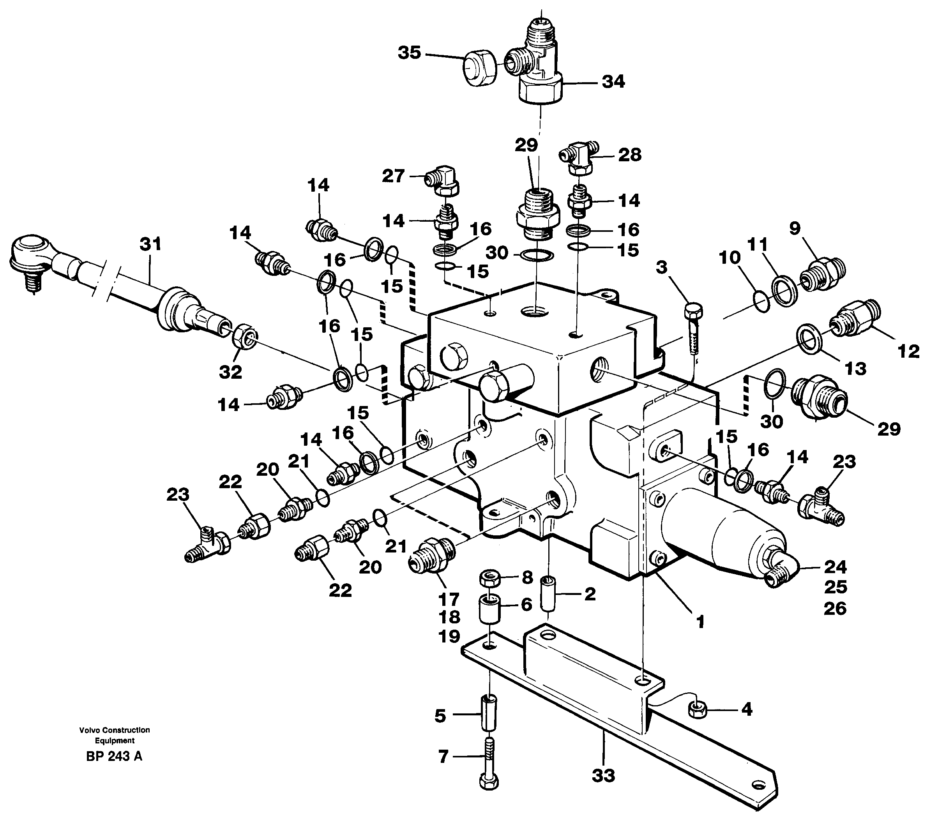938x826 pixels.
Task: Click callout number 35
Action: (x=409, y=53)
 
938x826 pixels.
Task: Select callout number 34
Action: (x=613, y=82)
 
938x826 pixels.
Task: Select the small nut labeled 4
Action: (x=698, y=711)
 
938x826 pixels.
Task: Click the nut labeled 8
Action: (x=490, y=577)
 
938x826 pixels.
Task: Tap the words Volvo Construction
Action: (x=114, y=730)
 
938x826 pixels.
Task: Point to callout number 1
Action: (x=700, y=622)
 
